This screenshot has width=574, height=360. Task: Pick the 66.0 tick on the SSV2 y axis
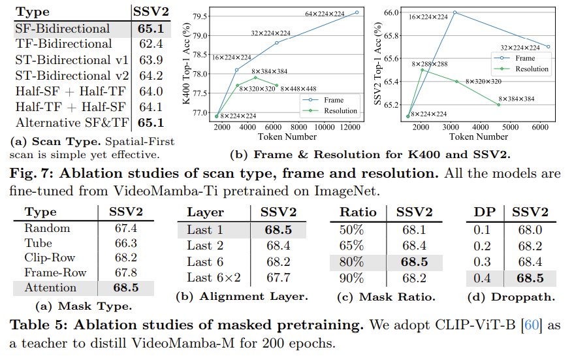[x=391, y=12]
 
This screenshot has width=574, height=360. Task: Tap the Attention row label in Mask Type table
[x=50, y=287]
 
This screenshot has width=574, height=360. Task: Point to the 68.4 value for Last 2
[x=279, y=245]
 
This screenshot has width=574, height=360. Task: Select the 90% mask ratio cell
[x=351, y=277]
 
